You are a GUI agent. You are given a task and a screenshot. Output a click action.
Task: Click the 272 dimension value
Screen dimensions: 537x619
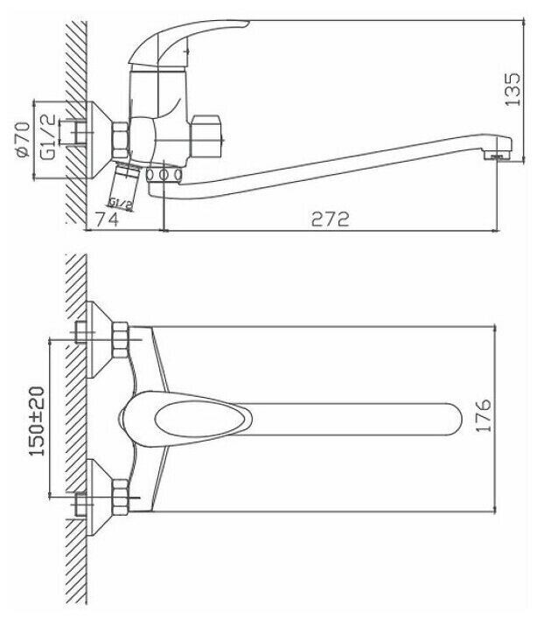pos(331,219)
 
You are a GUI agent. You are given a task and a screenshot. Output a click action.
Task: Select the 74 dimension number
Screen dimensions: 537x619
pos(108,219)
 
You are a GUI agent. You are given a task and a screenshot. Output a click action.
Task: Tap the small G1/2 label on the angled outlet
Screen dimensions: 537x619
pos(124,203)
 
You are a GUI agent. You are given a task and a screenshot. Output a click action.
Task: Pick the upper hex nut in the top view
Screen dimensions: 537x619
pos(121,337)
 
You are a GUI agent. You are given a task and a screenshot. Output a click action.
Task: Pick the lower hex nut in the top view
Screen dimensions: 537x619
pos(121,499)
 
